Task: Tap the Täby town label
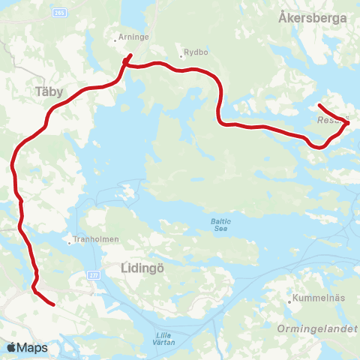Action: [50, 91]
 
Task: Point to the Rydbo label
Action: [196, 53]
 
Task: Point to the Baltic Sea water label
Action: [220, 226]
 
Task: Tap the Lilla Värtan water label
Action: [166, 338]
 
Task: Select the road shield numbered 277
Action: [94, 275]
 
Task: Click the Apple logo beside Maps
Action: [11, 348]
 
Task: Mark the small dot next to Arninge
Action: [115, 40]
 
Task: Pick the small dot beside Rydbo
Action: [181, 53]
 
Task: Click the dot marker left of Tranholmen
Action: [70, 242]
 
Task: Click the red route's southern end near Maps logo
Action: [54, 304]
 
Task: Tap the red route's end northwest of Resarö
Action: [319, 105]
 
